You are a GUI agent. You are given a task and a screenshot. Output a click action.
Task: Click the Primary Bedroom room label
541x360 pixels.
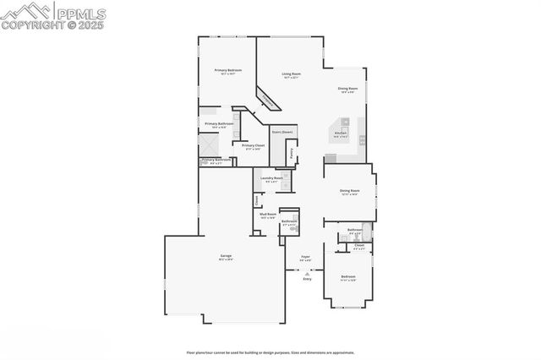click(x=227, y=70)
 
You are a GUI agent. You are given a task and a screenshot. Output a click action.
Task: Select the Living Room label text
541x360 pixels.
click(x=292, y=74)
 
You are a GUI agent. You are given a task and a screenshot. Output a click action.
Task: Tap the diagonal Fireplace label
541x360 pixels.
click(x=269, y=101)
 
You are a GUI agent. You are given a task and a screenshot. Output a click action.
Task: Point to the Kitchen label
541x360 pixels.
click(x=341, y=133)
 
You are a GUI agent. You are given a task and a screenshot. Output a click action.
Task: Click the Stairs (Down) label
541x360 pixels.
click(x=281, y=133)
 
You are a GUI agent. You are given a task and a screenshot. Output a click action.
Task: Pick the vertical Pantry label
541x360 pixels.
click(x=292, y=154)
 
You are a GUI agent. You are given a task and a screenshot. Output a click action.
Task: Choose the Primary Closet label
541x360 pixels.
click(x=253, y=145)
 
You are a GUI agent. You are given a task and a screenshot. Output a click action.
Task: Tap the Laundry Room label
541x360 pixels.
click(x=271, y=178)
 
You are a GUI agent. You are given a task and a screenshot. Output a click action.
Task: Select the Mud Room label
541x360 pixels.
click(x=267, y=215)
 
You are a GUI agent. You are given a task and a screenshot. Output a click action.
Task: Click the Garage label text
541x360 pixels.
click(x=226, y=255)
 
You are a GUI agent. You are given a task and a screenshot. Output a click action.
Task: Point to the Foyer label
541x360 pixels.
click(x=305, y=257)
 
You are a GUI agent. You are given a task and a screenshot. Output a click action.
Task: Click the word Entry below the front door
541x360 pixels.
click(x=307, y=279)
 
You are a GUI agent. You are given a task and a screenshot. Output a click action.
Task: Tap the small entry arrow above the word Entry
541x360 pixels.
click(x=307, y=272)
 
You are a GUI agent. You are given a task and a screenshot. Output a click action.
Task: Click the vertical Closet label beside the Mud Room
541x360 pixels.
click(x=256, y=200)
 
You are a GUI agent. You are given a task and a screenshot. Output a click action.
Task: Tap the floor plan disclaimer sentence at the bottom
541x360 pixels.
click(x=270, y=352)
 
